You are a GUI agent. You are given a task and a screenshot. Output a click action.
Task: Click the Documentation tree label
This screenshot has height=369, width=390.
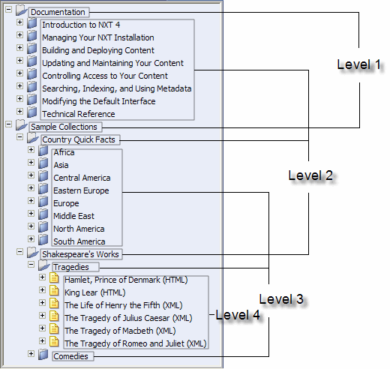(58, 12)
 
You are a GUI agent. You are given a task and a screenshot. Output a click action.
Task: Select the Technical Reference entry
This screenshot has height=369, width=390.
(79, 114)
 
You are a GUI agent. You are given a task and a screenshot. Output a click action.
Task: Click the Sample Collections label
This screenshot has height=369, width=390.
(64, 127)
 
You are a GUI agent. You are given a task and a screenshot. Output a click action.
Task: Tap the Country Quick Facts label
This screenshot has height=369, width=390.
(79, 139)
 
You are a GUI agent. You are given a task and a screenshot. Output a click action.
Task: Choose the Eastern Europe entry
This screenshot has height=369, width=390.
(81, 190)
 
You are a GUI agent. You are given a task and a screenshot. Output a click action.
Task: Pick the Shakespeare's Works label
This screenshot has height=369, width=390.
(80, 254)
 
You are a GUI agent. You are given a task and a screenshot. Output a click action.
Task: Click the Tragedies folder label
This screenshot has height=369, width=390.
(71, 267)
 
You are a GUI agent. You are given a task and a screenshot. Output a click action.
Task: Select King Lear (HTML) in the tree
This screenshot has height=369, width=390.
(95, 292)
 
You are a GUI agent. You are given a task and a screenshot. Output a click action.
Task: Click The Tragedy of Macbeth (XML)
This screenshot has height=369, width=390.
(120, 331)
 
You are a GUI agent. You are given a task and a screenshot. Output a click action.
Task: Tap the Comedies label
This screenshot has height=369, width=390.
(70, 356)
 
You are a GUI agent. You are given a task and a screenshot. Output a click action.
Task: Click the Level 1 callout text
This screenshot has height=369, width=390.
(359, 64)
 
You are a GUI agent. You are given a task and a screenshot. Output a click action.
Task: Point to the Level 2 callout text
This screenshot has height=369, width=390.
(310, 175)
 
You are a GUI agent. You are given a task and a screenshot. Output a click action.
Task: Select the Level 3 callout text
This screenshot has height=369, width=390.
(281, 299)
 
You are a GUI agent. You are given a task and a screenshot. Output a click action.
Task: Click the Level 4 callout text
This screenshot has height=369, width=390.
(238, 315)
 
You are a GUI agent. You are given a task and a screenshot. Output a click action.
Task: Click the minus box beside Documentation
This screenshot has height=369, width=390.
(8, 10)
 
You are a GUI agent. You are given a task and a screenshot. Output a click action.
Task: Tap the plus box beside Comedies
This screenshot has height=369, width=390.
(31, 353)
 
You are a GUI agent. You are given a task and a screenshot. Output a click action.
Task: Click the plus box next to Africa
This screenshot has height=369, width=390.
(31, 149)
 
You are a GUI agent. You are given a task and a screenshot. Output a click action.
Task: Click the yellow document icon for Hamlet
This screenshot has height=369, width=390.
(54, 277)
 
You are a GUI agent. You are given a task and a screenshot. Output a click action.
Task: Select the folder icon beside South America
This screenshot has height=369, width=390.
(43, 239)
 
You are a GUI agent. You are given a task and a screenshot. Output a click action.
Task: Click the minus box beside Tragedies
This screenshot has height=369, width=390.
(31, 264)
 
